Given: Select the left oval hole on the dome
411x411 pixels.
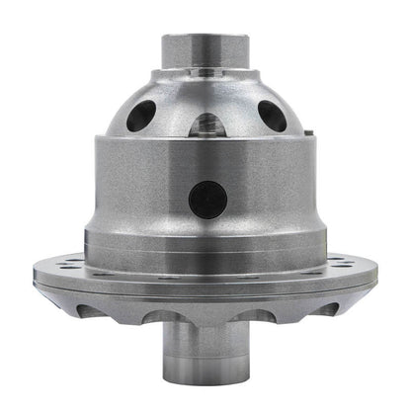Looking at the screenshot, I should tap(140, 116).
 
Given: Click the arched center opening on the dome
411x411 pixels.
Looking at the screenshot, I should tap(205, 123).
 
